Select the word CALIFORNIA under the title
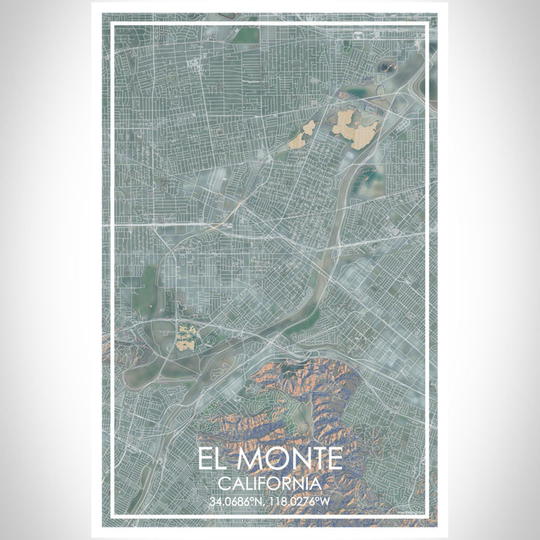[x=269, y=483]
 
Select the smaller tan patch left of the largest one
[x=302, y=136]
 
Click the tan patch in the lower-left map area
[x=186, y=338]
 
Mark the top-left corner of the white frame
[x=113, y=25]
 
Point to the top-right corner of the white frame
[x=427, y=25]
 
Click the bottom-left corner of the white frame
[x=113, y=515]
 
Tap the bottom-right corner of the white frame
[x=427, y=515]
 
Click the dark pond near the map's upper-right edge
[x=383, y=68]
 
